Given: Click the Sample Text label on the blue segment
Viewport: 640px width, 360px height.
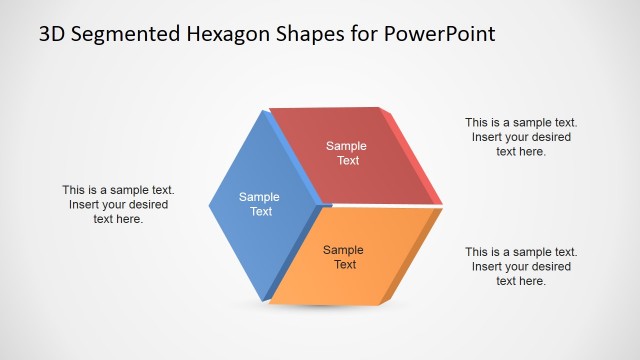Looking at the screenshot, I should (260, 204).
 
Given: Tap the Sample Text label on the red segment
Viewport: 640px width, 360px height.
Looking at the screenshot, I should (347, 153).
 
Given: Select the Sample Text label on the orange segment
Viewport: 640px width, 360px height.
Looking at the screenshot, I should (344, 257).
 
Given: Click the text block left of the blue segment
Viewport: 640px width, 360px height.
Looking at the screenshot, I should (118, 204).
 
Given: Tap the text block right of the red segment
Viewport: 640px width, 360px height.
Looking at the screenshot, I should (520, 137).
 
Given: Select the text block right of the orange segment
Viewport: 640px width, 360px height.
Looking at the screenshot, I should (520, 267).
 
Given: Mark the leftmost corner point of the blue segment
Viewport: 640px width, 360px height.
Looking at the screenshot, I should (210, 207).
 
